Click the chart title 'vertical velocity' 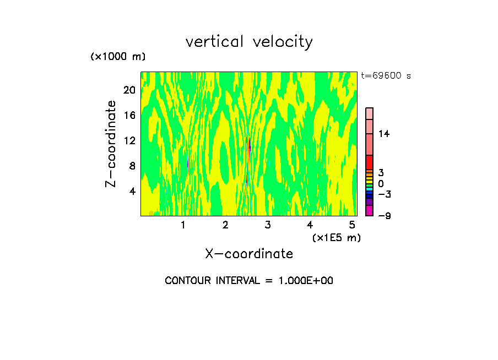249,42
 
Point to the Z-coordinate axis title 111,144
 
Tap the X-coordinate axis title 249,254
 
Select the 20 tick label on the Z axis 128,90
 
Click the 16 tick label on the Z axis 128,116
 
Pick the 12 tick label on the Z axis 128,141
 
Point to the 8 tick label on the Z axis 132,166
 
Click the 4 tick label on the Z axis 132,192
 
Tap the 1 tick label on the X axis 183,225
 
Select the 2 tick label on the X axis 225,225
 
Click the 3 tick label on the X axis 268,225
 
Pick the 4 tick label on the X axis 310,225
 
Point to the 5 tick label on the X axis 352,225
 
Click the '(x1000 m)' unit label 118,57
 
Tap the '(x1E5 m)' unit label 336,237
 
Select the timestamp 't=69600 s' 386,76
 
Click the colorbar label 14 384,134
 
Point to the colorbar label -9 384,216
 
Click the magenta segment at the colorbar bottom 369,211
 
